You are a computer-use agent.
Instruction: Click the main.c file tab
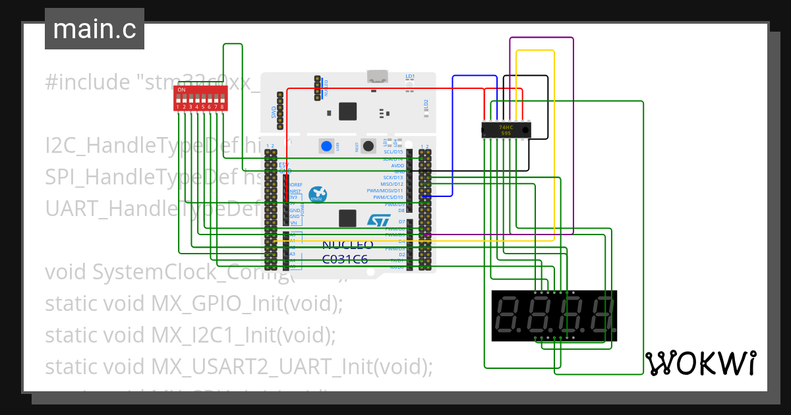click(94, 30)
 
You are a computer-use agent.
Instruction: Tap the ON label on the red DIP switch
click(181, 90)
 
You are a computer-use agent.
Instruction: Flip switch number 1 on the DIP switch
click(178, 99)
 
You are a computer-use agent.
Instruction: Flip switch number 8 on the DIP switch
click(222, 99)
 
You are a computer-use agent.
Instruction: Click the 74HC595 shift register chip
click(506, 130)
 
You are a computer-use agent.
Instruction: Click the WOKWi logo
click(700, 363)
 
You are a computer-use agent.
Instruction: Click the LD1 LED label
click(410, 76)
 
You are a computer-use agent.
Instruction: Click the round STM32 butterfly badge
click(317, 194)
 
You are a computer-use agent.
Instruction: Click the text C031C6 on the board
click(345, 259)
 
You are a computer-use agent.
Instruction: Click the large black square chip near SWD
click(347, 111)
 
